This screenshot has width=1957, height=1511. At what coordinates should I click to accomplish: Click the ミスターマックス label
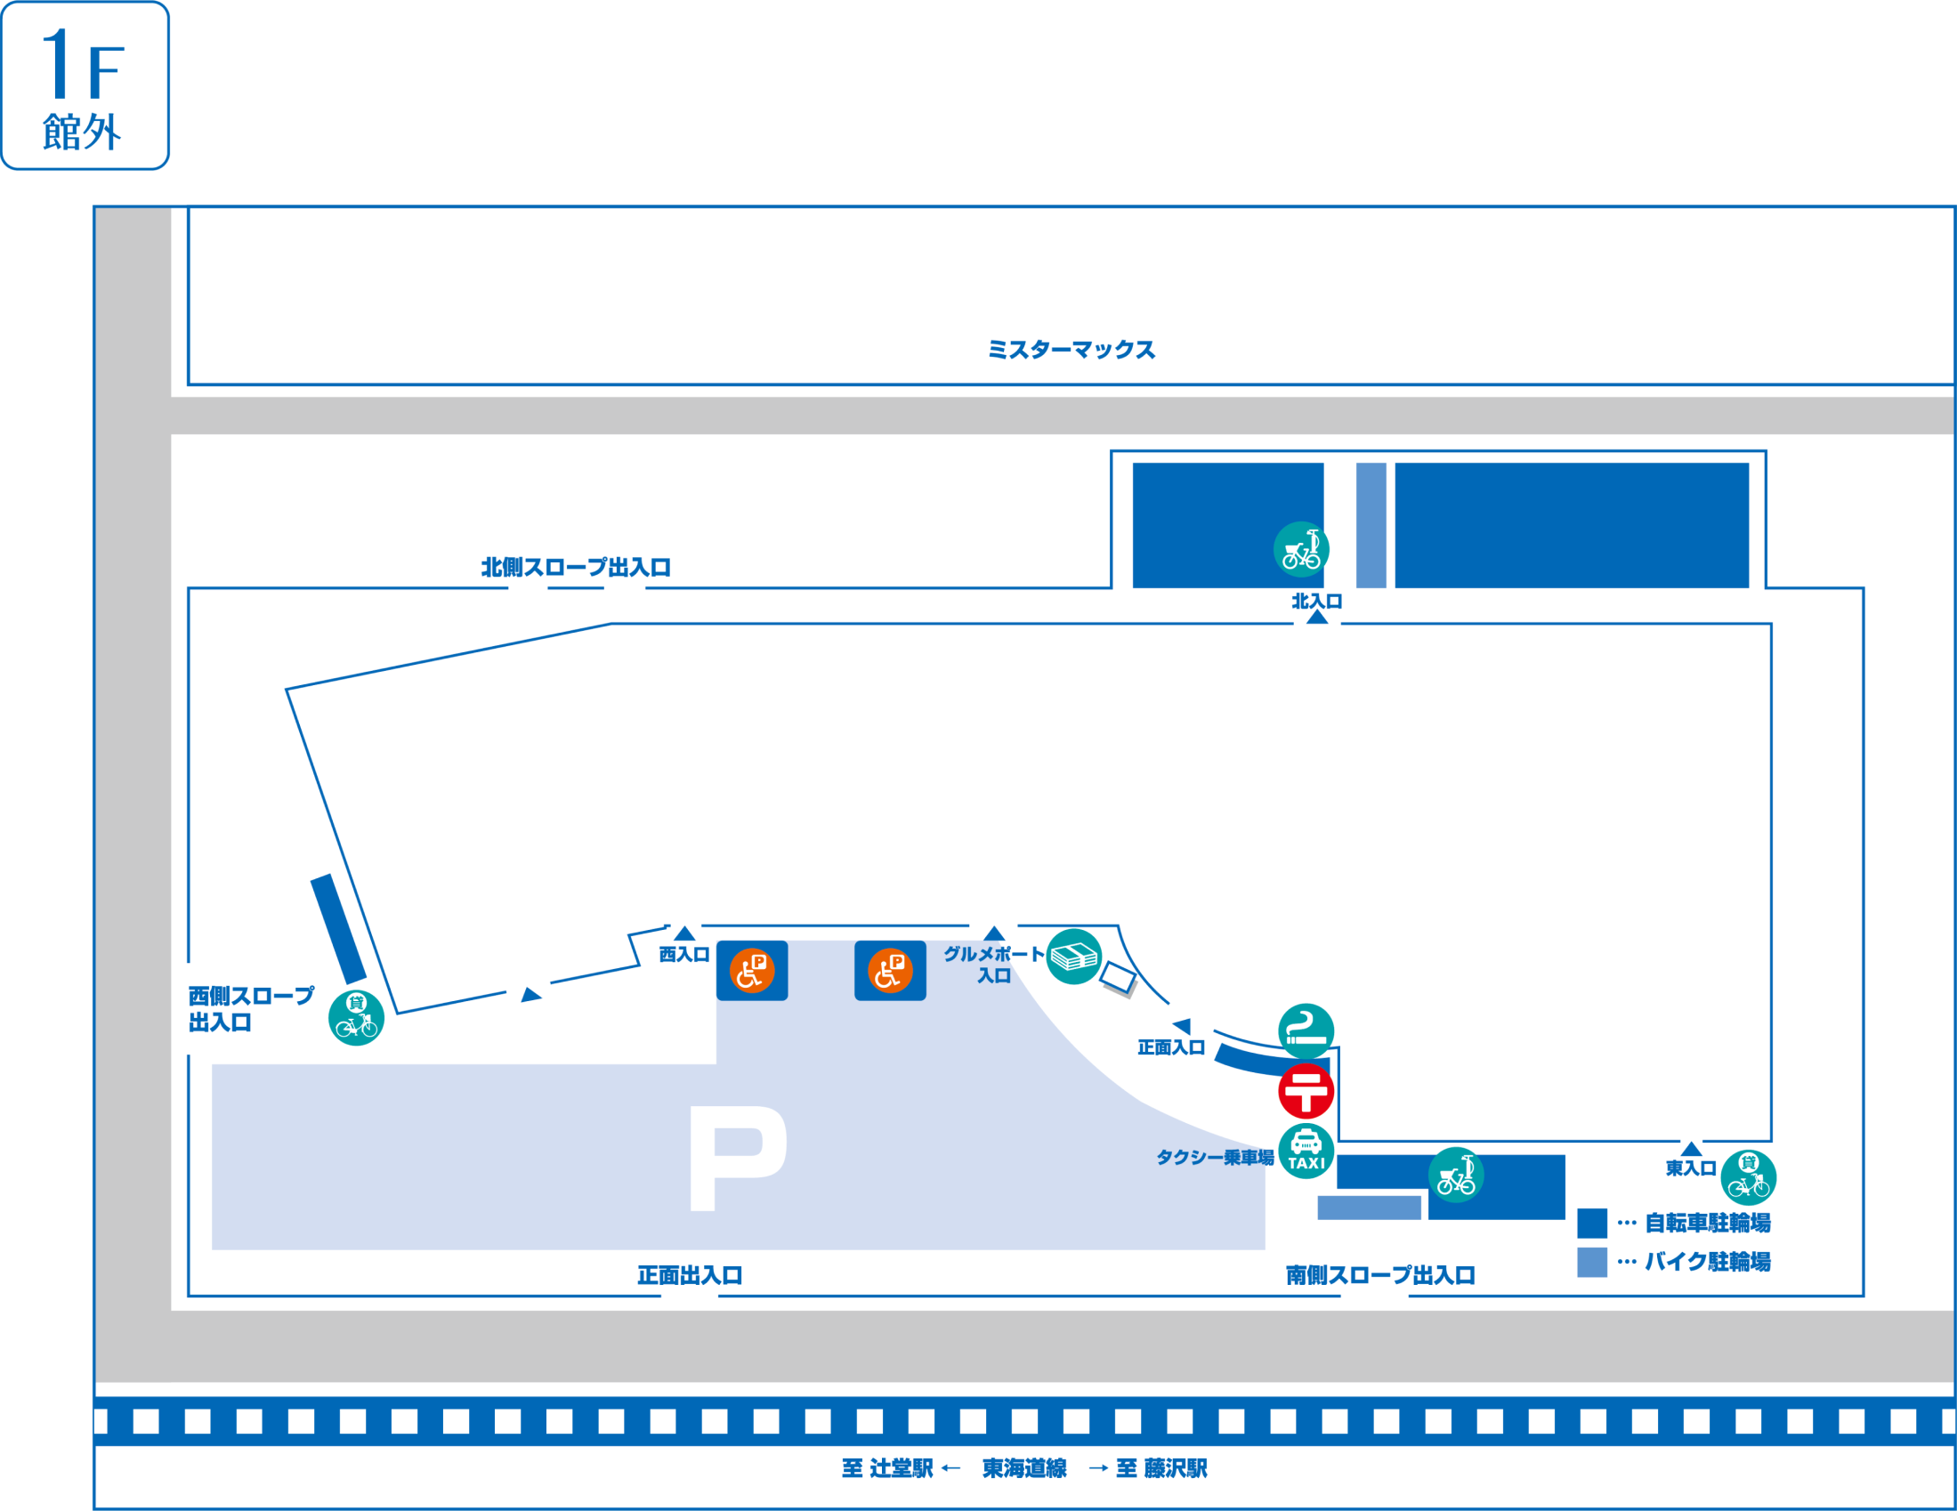[x=1071, y=350]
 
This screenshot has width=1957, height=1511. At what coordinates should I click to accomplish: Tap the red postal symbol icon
[x=1306, y=1091]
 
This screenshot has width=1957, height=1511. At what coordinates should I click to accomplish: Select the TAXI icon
[x=1306, y=1151]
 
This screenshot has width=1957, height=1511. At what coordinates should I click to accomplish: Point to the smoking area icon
[x=1306, y=1030]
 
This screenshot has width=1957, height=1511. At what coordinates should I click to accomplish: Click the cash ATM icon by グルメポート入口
[x=1073, y=958]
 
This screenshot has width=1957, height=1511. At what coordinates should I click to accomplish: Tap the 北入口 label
[x=1316, y=602]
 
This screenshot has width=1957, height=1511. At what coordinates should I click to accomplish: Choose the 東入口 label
[x=1690, y=1168]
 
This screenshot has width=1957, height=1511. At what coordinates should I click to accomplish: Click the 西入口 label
[x=683, y=956]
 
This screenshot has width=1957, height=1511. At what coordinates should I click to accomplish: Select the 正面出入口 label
[x=690, y=1275]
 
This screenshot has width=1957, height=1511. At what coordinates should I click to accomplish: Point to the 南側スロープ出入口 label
[x=1380, y=1275]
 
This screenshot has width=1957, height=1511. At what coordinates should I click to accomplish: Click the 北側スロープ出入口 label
[x=576, y=568]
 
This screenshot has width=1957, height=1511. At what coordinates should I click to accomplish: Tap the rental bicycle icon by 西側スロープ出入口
[x=356, y=1018]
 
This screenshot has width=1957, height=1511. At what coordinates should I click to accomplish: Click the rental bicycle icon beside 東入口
[x=1748, y=1177]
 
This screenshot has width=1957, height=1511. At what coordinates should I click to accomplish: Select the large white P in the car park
[x=737, y=1158]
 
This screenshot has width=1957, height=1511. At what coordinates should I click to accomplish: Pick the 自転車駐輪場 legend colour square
[x=1591, y=1224]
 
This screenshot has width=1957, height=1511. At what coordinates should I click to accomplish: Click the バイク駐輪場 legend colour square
[x=1591, y=1262]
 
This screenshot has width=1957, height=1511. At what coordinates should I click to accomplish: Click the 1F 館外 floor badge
[x=85, y=86]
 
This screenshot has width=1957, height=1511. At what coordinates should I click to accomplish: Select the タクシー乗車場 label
[x=1214, y=1158]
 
